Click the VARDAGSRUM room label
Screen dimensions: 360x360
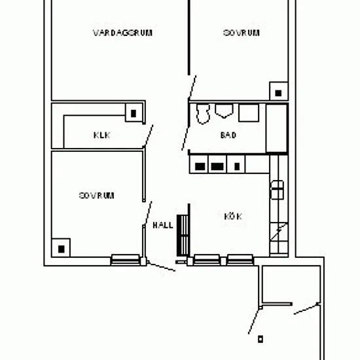(122, 33)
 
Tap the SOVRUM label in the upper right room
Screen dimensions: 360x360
(242, 33)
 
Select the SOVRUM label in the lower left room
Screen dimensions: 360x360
(97, 196)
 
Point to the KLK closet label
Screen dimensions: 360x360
(102, 135)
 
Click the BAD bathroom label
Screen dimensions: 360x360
(228, 135)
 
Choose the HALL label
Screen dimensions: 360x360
(163, 225)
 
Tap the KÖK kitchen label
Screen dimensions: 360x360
(233, 216)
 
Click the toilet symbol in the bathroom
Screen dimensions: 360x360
(203, 114)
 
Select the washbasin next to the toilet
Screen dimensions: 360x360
(224, 111)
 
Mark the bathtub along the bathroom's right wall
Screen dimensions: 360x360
(277, 128)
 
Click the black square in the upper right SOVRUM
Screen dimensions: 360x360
(278, 93)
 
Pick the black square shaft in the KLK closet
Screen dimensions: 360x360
(134, 113)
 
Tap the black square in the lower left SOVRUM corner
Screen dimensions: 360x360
(62, 249)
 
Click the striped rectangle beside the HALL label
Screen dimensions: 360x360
(183, 236)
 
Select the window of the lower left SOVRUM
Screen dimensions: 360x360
(126, 260)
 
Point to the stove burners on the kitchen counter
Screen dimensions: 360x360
(278, 190)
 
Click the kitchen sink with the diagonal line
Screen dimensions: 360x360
(279, 232)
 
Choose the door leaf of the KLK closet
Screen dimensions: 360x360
(149, 135)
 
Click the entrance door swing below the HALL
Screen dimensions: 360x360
(161, 266)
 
